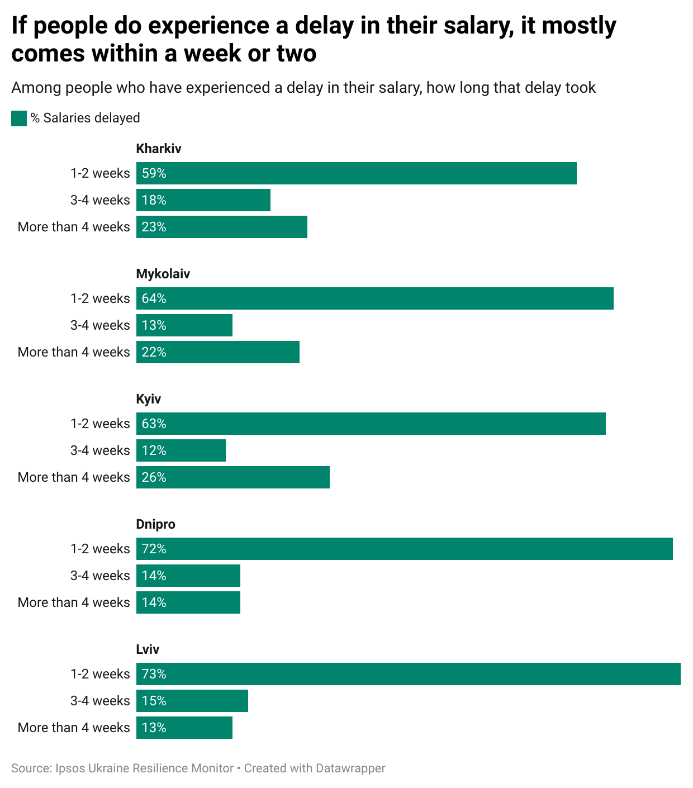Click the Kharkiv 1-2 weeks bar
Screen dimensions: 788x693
pos(357,173)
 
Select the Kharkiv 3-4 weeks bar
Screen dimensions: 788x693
pos(203,200)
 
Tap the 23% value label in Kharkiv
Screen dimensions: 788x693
pos(154,227)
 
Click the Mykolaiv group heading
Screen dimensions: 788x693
pos(163,274)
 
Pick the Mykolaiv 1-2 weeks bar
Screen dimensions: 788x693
pos(374,298)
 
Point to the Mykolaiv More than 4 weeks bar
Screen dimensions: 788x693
pos(218,352)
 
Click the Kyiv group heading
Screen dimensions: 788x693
pos(149,399)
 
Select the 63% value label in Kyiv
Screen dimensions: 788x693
pos(154,424)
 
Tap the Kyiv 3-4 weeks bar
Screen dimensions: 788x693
pos(181,450)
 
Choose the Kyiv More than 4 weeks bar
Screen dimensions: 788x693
pos(233,477)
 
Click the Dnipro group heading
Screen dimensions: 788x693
pos(156,524)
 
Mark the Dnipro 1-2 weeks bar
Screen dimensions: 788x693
pos(405,549)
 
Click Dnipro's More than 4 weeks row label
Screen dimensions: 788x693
pos(74,602)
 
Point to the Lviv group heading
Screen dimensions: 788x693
pos(148,649)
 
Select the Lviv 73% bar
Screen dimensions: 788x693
pos(409,674)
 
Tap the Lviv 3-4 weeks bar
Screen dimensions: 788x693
pos(192,701)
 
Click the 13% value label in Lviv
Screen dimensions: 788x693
pos(154,728)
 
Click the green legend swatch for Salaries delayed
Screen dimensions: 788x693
pos(19,118)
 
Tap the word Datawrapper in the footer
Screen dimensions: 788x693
pos(350,768)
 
